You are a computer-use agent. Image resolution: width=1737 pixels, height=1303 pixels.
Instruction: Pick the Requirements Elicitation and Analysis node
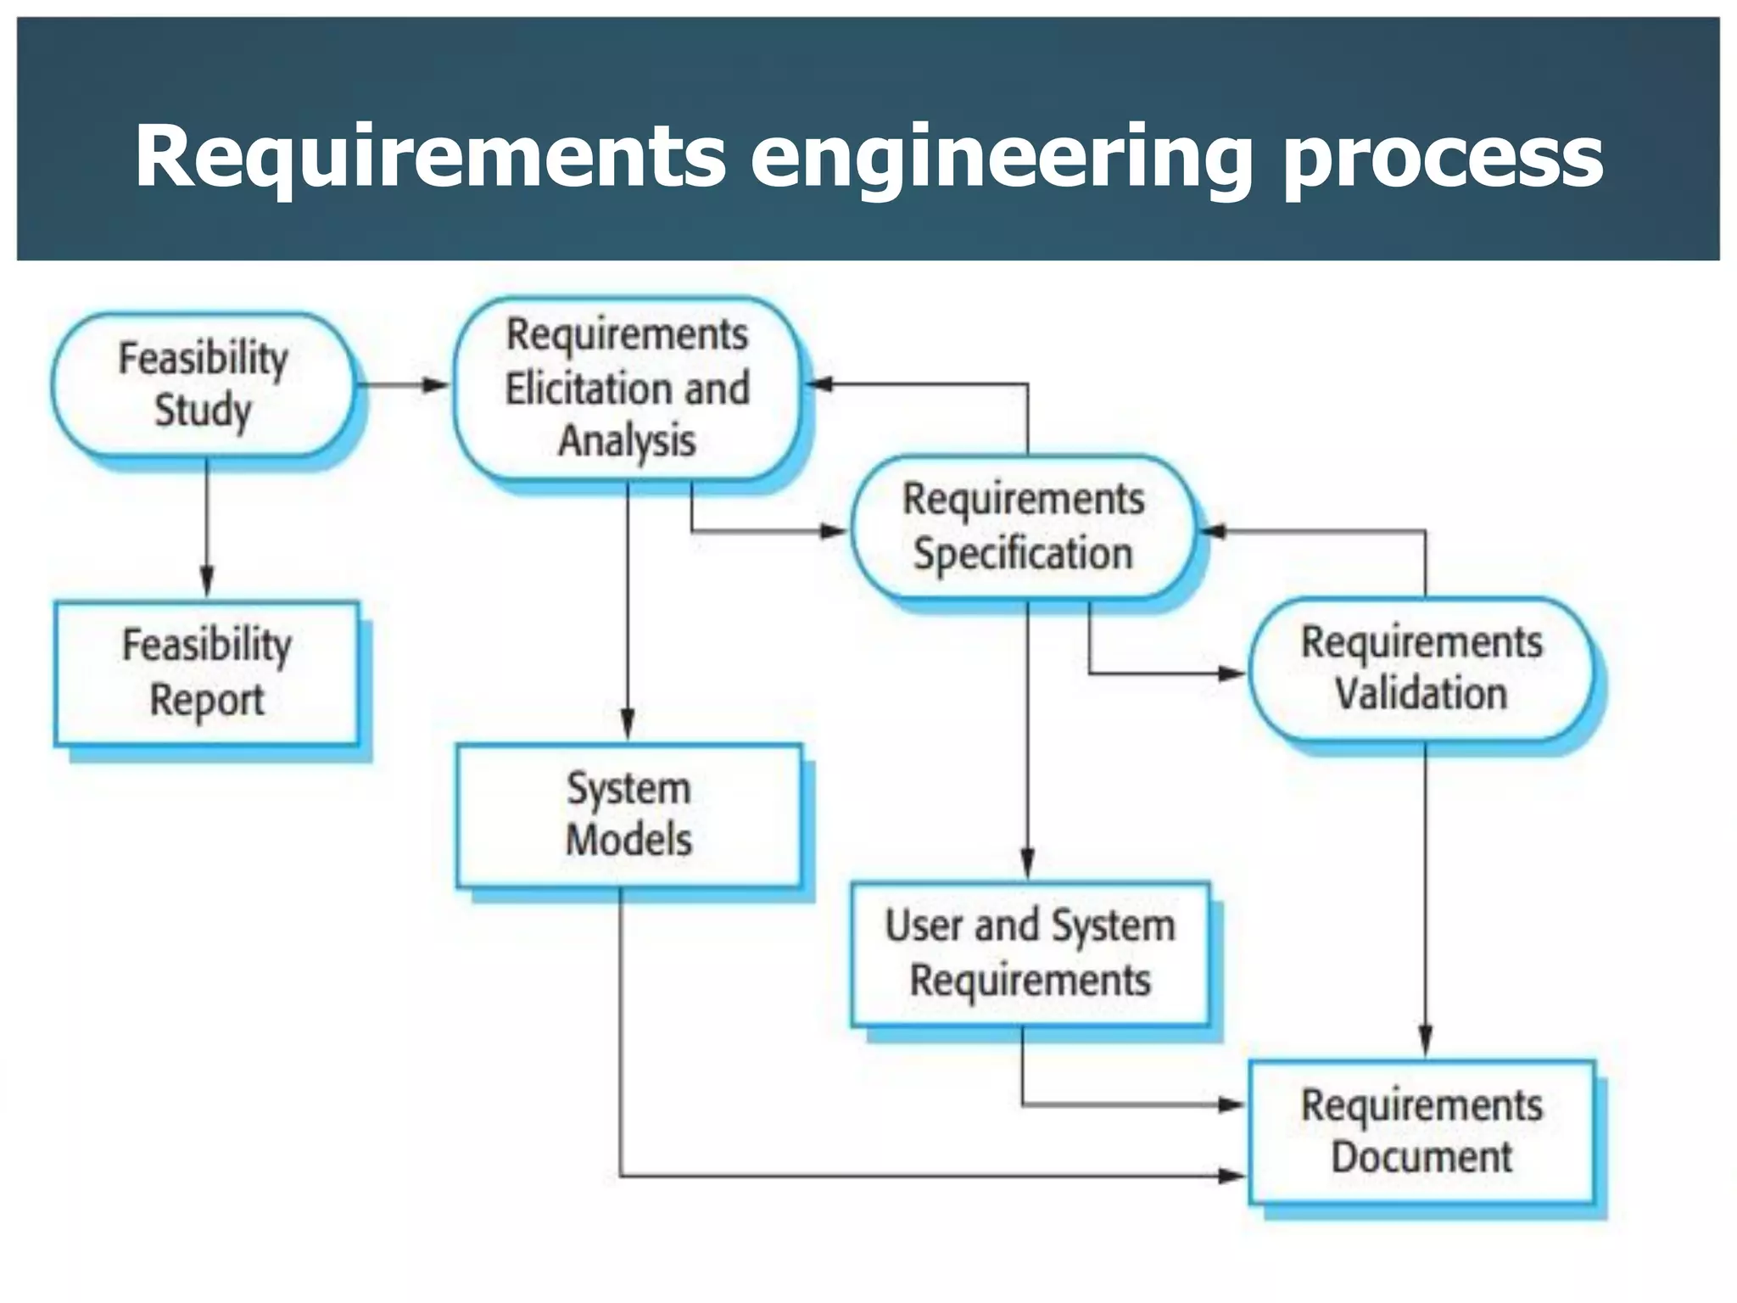[x=627, y=389]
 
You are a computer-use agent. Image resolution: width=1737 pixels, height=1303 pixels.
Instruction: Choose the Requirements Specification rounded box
[x=1024, y=527]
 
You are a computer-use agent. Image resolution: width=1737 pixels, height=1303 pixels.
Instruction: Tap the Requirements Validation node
[x=1421, y=668]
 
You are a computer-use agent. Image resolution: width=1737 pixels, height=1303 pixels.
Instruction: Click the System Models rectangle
[x=628, y=814]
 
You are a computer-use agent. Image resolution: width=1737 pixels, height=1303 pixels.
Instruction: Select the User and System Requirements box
[x=1030, y=953]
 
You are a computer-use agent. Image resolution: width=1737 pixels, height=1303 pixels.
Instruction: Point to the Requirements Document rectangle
[x=1421, y=1131]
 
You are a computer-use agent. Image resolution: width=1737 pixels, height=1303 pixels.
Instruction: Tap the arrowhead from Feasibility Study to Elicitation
[x=436, y=385]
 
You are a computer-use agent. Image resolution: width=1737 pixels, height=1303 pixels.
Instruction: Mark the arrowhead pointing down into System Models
[x=628, y=725]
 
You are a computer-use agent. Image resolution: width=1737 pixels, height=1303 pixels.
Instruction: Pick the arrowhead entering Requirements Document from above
[x=1426, y=1041]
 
